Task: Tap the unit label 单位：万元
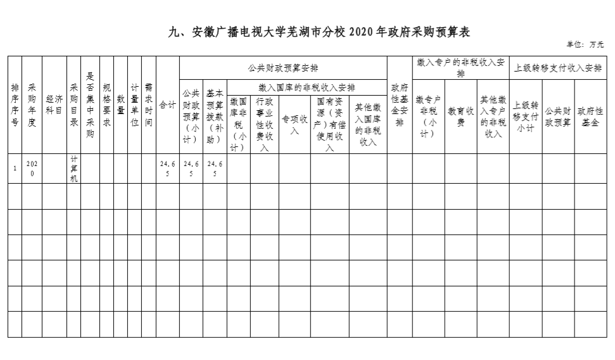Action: tap(585, 45)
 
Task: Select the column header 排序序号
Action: tap(15, 105)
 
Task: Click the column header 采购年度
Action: tap(32, 105)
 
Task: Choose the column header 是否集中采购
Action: tap(90, 105)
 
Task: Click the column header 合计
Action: tap(168, 105)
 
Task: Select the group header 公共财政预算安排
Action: tap(283, 68)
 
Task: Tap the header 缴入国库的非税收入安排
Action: tap(307, 87)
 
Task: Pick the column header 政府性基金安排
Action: tap(400, 105)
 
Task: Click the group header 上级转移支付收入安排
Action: tap(558, 68)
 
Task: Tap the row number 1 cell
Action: tap(15, 169)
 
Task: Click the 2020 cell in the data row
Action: tap(32, 169)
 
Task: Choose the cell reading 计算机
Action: tap(74, 169)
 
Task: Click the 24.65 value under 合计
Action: tap(168, 169)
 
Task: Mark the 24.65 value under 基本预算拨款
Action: tap(215, 169)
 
